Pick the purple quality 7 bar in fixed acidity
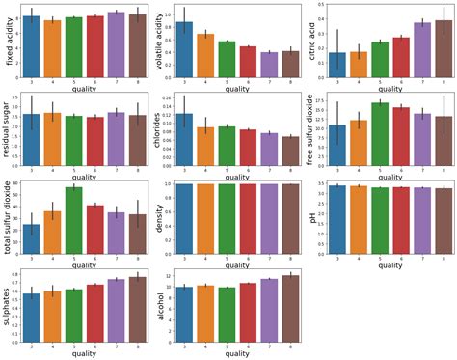coord(117,42)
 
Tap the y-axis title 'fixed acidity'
coord(9,43)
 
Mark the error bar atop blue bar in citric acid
coord(336,52)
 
